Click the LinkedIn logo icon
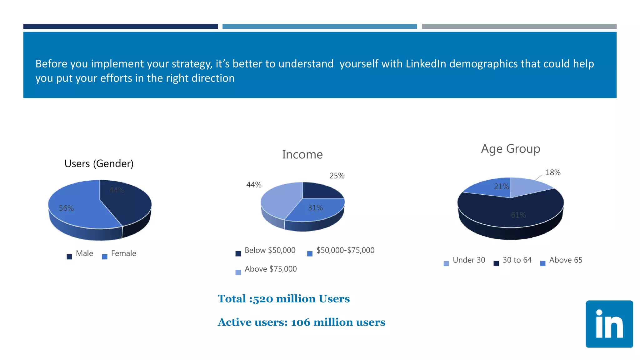[609, 324]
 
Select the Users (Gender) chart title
[99, 163]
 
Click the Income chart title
[302, 154]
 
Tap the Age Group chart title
[510, 149]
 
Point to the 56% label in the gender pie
[66, 208]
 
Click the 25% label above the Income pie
[337, 176]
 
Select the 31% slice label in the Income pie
[315, 208]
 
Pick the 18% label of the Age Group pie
[553, 172]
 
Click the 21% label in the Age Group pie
[501, 187]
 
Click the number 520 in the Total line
[263, 299]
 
